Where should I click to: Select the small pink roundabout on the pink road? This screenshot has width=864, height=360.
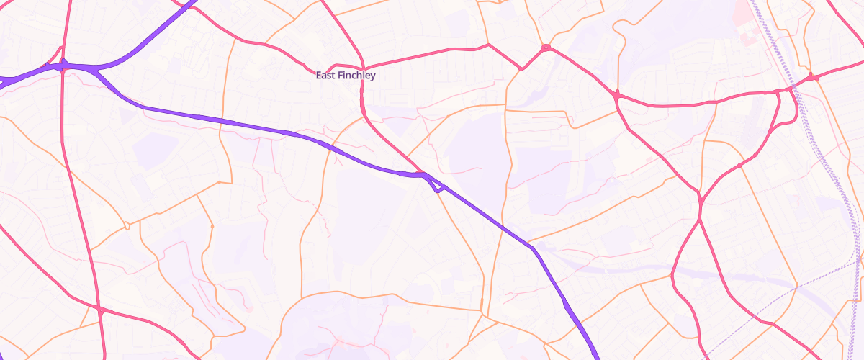(546, 48)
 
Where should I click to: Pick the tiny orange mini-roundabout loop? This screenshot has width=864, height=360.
(127, 225)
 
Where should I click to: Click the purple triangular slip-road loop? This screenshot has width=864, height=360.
(435, 185)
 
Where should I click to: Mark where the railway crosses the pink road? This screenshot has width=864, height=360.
(793, 87)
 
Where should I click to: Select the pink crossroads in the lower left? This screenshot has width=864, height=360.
(100, 310)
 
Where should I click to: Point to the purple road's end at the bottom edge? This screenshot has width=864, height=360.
(596, 356)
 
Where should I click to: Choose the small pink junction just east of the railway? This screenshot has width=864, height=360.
(811, 76)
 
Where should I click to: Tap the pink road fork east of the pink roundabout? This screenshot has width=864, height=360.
(617, 94)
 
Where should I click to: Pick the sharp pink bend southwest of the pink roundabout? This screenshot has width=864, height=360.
(520, 69)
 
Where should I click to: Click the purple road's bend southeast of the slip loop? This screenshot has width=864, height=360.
(533, 248)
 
